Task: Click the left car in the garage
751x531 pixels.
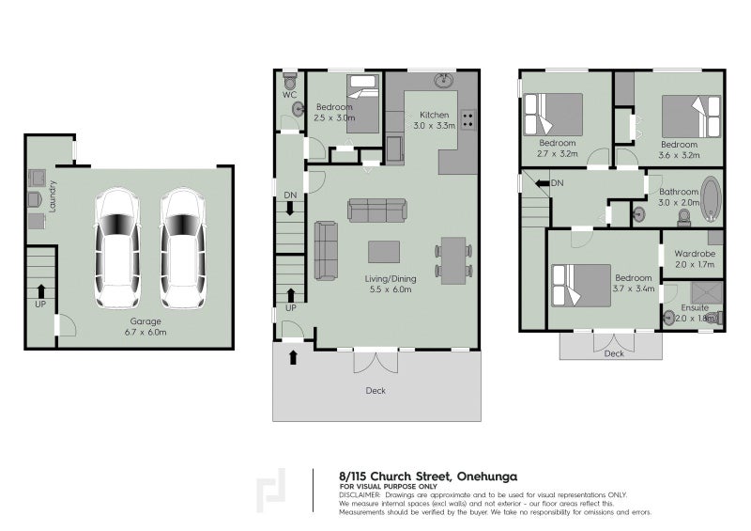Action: [118, 247]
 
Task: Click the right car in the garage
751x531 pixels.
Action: [182, 247]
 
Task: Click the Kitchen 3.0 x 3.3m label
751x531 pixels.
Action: [434, 119]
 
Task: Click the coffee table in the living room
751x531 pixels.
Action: [383, 251]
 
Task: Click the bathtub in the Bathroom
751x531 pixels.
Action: [711, 197]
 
